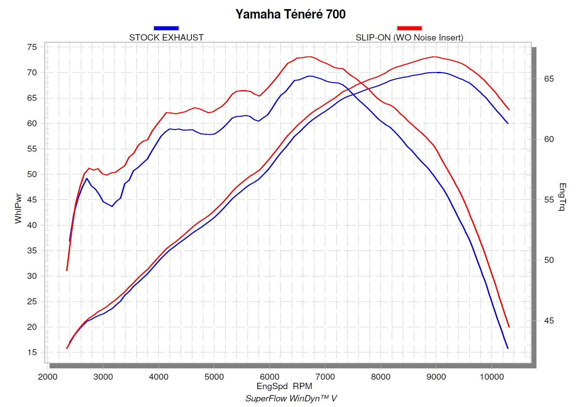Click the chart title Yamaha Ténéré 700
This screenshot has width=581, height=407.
[x=290, y=14]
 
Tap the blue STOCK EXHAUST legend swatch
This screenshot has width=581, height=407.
[x=166, y=28]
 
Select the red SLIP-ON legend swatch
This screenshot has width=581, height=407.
[x=409, y=28]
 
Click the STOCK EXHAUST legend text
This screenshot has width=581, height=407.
[x=166, y=38]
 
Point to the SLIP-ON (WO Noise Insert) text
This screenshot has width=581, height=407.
[x=409, y=38]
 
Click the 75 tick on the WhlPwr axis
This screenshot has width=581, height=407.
[x=32, y=47]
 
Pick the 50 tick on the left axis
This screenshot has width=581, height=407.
[x=32, y=174]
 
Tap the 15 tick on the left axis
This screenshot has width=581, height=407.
[x=32, y=352]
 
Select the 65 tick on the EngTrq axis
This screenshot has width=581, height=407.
[x=549, y=79]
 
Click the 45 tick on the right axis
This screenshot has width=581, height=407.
[x=549, y=321]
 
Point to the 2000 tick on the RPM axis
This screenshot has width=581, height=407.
[x=48, y=377]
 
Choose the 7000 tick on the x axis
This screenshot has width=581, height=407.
[x=325, y=377]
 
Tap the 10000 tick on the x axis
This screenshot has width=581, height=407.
[x=492, y=377]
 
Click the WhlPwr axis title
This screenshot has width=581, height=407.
[x=18, y=209]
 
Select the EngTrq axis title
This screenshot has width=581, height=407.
[x=562, y=197]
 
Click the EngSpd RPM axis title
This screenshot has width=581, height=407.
[x=284, y=386]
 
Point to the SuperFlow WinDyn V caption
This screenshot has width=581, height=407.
[x=291, y=399]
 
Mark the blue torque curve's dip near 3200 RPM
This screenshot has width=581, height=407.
[x=112, y=206]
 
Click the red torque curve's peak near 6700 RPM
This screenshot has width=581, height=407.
[x=310, y=57]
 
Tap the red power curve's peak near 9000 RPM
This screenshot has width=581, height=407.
[x=434, y=57]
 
